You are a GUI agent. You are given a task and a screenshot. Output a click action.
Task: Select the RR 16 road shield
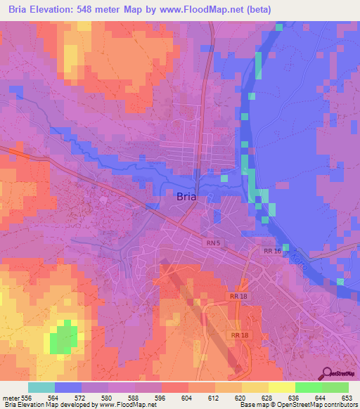pyautogui.click(x=272, y=250)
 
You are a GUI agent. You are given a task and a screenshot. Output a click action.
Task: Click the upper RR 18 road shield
pyautogui.click(x=239, y=297)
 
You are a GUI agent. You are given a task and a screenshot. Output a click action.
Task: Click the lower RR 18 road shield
pyautogui.click(x=239, y=336)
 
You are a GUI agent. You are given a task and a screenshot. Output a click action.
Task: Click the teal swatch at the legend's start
pyautogui.click(x=41, y=387)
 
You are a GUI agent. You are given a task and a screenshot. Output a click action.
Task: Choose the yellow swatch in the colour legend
pyautogui.click(x=282, y=387)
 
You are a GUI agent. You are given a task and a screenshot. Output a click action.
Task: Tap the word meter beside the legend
pyautogui.click(x=11, y=397)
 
